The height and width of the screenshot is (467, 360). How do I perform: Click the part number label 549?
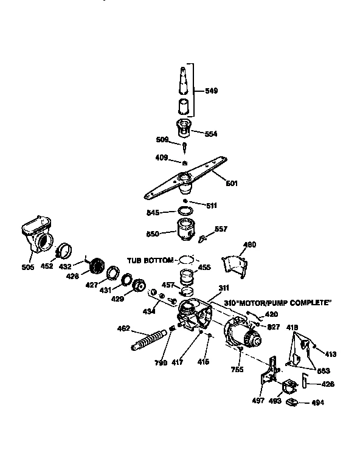pyautogui.click(x=211, y=91)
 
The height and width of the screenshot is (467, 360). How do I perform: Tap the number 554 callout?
pyautogui.click(x=211, y=133)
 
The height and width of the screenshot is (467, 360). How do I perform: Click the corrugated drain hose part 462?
pyautogui.click(x=148, y=339)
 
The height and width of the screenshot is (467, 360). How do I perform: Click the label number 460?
pyautogui.click(x=249, y=245)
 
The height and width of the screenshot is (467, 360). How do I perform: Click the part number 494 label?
pyautogui.click(x=317, y=403)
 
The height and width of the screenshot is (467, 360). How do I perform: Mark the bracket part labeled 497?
pyautogui.click(x=268, y=377)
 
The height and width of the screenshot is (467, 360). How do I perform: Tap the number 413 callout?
pyautogui.click(x=330, y=354)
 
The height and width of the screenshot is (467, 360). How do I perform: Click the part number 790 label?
pyautogui.click(x=160, y=362)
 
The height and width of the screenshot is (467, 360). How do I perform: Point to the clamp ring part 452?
pyautogui.click(x=64, y=250)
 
